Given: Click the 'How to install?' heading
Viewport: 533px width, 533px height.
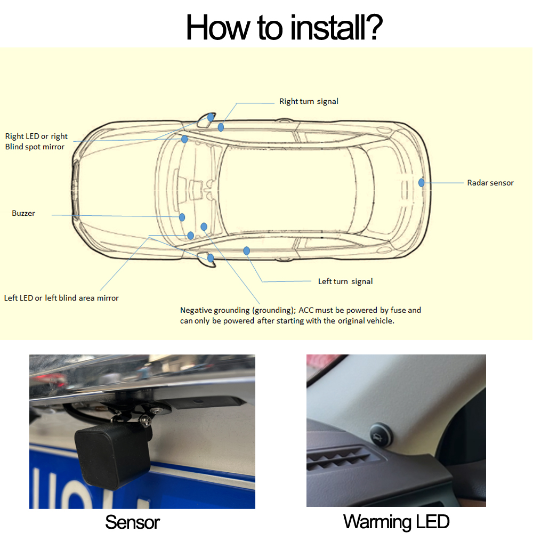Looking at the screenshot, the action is [284, 28].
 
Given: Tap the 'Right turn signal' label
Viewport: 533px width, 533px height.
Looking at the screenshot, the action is [309, 101].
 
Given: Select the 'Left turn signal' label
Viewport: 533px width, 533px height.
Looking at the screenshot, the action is [345, 281].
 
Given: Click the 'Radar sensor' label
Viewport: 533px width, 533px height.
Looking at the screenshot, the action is [490, 183].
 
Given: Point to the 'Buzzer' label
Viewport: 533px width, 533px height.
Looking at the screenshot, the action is [23, 213].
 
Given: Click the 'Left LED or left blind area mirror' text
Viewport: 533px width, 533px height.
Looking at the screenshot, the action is [61, 298].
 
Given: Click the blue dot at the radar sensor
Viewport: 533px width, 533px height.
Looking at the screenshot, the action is [422, 182].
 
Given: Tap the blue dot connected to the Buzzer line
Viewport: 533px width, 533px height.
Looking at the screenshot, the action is [182, 217].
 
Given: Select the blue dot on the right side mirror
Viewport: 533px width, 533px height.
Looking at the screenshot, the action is [211, 117].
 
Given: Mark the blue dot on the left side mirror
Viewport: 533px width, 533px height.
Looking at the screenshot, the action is [211, 258].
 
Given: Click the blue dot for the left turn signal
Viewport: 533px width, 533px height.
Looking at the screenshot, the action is [247, 251].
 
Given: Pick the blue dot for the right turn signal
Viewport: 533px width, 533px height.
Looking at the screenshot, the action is [221, 127].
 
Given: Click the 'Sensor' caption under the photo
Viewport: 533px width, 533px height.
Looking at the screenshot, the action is [132, 522].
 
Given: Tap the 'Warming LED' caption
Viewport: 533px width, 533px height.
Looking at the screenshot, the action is [397, 521].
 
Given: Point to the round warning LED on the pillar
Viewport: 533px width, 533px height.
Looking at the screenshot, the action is [381, 435].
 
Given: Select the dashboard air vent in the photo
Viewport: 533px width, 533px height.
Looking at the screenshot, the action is [338, 458].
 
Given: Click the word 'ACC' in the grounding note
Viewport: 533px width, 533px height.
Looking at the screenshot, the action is [306, 310].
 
